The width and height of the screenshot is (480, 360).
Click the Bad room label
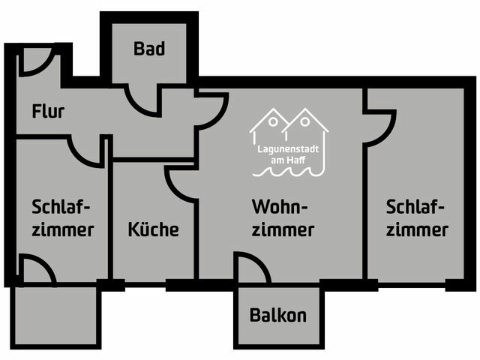pos(149,49)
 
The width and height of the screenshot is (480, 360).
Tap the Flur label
pos(48,112)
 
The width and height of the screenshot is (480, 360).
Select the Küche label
pos(153,229)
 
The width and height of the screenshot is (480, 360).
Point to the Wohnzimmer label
pos(282,217)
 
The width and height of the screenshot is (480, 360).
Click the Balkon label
pos(277,316)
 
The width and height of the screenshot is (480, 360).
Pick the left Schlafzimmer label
pos(63,217)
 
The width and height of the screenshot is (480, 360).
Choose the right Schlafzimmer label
pos(418,217)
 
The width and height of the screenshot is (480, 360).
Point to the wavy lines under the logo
pos(289,172)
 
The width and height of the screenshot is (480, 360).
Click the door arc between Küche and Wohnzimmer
pos(180,183)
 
